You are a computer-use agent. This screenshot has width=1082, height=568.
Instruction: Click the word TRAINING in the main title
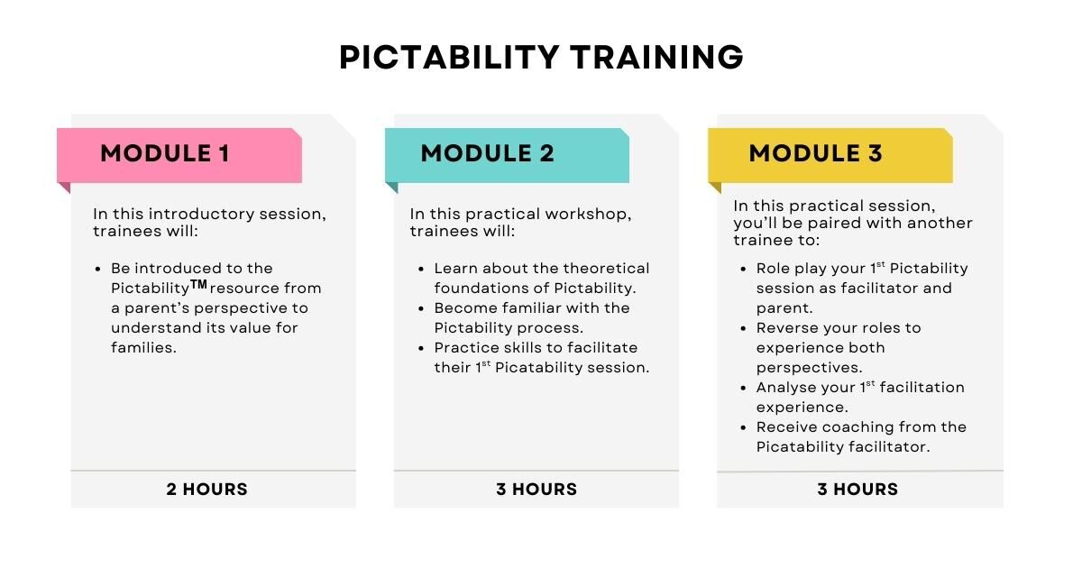point(657,57)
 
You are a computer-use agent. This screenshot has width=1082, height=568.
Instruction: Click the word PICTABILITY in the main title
point(449,57)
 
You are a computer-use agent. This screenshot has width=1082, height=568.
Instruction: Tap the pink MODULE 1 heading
point(165,153)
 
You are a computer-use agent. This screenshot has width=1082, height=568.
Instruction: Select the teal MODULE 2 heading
point(488,153)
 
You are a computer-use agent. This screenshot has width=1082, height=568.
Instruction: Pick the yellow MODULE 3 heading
point(816,153)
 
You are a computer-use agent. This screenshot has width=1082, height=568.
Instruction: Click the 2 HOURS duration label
point(206,490)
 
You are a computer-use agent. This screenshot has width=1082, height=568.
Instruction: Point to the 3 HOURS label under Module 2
point(536,490)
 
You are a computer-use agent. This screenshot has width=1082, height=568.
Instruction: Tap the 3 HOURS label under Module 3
point(857,490)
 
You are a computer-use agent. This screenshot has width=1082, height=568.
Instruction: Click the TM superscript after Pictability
point(198,284)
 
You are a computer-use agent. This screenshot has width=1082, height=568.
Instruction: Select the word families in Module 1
point(143,347)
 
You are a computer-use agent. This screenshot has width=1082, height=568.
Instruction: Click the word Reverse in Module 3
point(784,328)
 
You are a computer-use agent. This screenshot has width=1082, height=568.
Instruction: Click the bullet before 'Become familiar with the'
point(421,308)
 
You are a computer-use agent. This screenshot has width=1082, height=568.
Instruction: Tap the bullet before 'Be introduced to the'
point(98,269)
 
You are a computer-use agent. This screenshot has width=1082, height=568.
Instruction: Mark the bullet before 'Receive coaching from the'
point(743,428)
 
